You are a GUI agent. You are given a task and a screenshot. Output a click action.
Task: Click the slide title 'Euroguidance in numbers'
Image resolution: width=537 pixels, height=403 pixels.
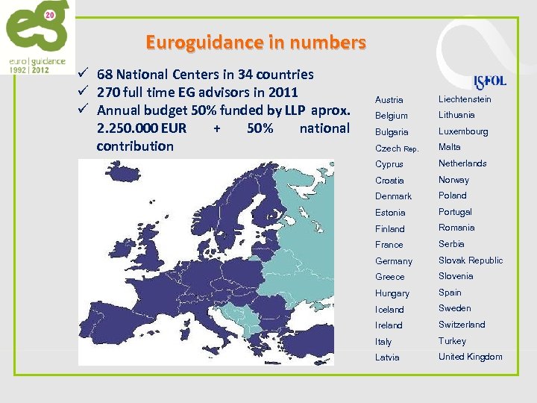click(x=256, y=43)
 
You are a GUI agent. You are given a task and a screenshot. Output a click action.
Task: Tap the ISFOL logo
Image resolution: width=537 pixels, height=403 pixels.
click(x=490, y=81)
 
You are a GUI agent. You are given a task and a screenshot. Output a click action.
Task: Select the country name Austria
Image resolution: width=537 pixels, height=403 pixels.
click(x=389, y=100)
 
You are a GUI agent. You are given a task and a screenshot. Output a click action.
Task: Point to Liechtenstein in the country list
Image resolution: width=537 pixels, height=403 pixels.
click(x=465, y=99)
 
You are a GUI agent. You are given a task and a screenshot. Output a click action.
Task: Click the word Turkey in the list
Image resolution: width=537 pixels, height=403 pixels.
click(x=452, y=341)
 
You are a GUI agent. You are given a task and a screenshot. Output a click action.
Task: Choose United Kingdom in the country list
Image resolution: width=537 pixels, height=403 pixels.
click(x=470, y=357)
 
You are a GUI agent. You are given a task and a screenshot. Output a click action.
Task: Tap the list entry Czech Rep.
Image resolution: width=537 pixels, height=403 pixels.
click(x=398, y=149)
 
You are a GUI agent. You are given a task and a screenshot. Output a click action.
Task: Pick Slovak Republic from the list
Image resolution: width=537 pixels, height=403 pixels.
click(x=471, y=260)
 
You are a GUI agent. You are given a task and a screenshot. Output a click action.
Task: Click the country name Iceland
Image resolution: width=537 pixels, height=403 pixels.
click(x=389, y=310)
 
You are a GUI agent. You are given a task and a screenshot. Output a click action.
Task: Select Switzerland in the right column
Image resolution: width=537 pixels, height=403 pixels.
click(x=462, y=325)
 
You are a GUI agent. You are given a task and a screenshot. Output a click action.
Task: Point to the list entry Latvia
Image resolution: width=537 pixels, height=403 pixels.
click(x=387, y=357)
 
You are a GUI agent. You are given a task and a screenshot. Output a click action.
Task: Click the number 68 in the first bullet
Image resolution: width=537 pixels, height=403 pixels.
click(x=105, y=75)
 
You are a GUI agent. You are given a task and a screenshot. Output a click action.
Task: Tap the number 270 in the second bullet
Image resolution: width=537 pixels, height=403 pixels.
click(x=109, y=93)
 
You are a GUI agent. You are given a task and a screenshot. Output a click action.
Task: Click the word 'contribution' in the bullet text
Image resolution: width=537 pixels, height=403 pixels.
click(x=135, y=146)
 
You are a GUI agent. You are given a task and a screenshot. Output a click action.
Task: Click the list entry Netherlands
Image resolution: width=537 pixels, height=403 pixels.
click(x=462, y=163)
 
